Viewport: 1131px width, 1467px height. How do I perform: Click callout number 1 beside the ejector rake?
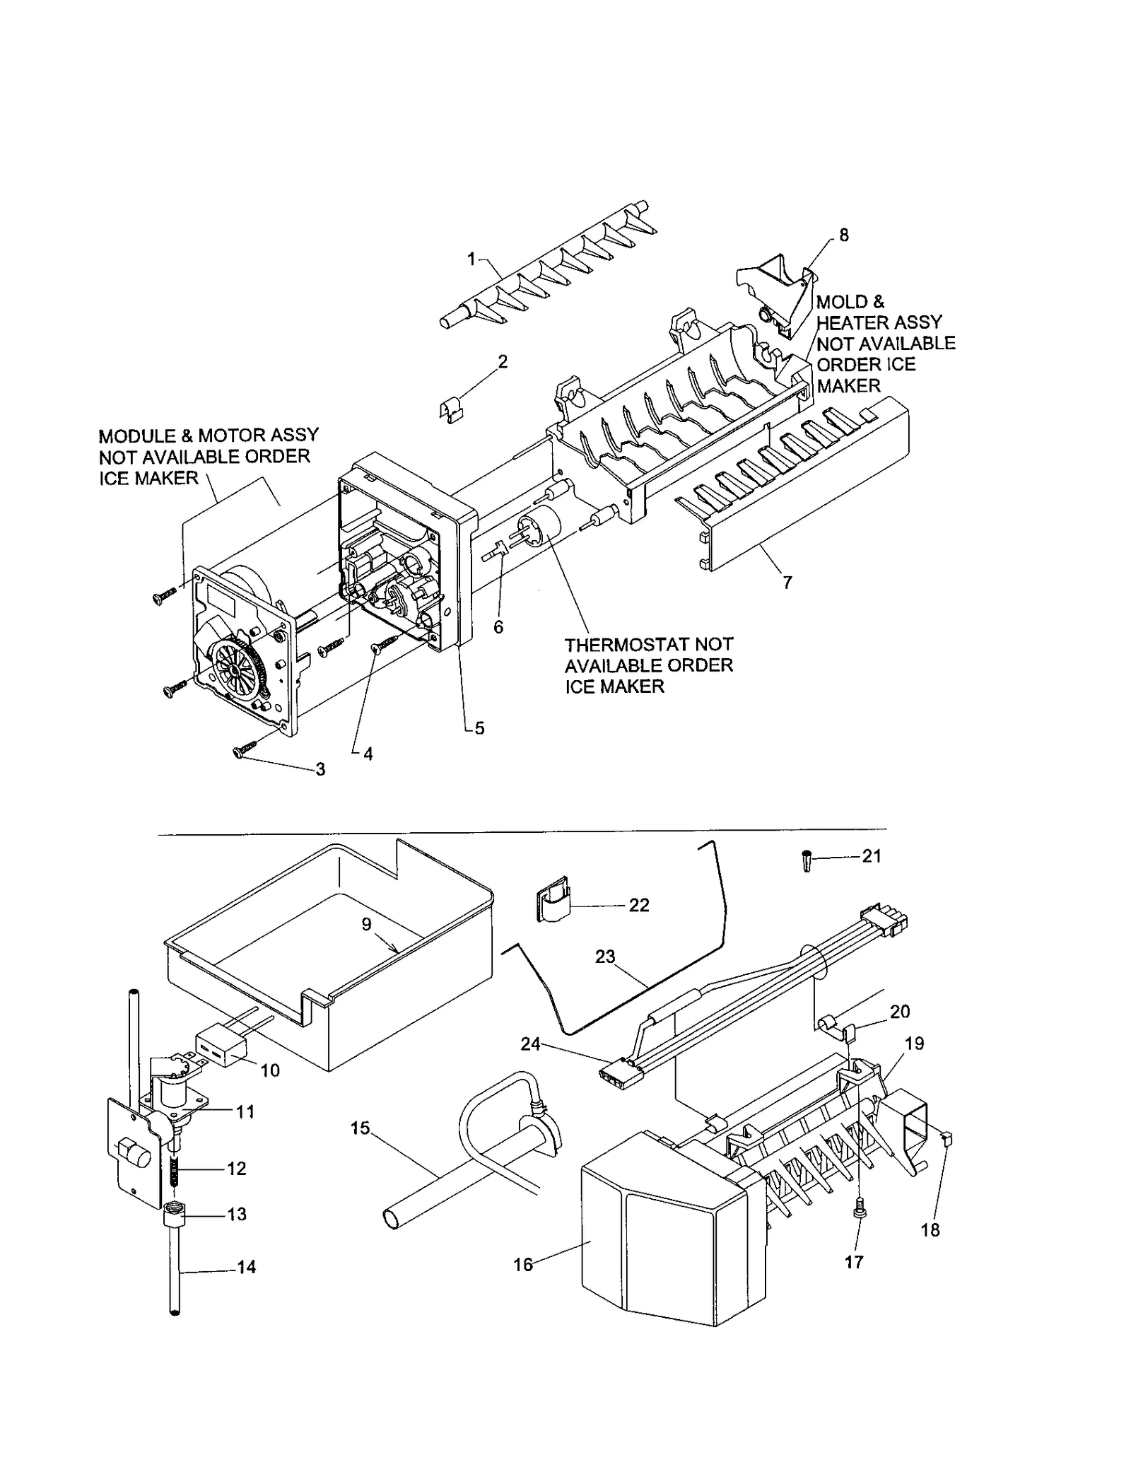click(x=471, y=259)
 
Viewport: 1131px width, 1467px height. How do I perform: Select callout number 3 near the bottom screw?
click(x=320, y=769)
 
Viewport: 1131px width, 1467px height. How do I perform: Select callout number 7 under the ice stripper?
click(x=787, y=583)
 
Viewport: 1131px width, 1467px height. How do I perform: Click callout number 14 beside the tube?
click(x=246, y=1267)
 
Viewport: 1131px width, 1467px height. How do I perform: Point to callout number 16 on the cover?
click(x=523, y=1265)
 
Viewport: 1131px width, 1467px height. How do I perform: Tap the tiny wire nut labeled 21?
click(x=807, y=862)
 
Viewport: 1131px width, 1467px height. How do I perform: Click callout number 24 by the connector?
click(x=530, y=1044)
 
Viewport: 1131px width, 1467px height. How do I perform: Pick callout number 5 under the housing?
click(x=479, y=728)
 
